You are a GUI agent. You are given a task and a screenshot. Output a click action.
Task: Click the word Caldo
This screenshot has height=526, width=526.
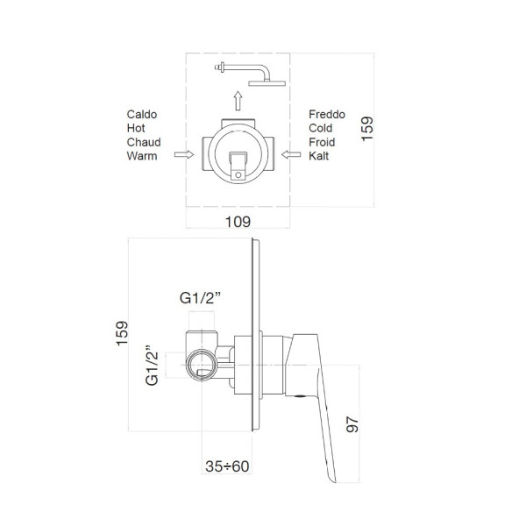142,114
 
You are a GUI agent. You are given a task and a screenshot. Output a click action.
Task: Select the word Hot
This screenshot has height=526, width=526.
136,128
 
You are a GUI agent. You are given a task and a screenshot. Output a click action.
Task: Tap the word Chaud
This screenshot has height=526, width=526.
144,142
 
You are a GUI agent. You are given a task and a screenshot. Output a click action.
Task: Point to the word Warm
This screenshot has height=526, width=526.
142,156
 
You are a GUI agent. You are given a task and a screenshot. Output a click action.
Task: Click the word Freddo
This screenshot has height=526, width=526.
327,114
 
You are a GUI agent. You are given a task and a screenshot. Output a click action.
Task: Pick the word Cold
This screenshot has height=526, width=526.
321,128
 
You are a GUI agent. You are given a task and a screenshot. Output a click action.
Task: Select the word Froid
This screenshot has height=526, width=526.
322,142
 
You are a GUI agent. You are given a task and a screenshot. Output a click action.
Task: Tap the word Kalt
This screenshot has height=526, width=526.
319,156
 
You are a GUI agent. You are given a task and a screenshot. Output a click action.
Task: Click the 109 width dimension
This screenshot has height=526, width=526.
238,222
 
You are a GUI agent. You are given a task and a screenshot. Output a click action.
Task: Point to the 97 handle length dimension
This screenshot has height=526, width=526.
352,424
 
